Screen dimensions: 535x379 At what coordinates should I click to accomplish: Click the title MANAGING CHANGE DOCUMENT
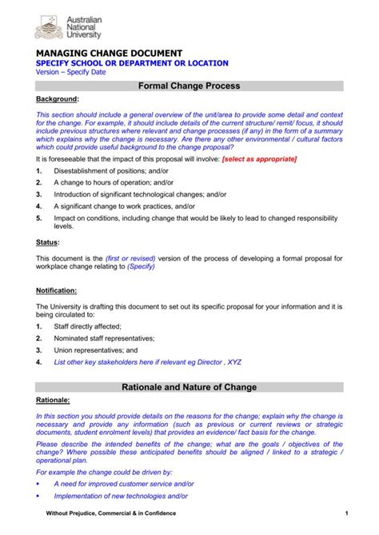pyautogui.click(x=110, y=52)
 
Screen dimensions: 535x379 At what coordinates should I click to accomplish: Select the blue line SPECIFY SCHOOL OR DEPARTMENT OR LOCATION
pyautogui.click(x=132, y=63)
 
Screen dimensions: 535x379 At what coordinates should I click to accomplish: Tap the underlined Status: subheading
pyautogui.click(x=47, y=242)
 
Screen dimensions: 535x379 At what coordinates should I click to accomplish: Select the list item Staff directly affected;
pyautogui.click(x=87, y=326)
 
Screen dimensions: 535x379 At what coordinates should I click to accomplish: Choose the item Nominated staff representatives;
pyautogui.click(x=105, y=338)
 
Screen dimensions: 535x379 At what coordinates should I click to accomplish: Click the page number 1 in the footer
pyautogui.click(x=346, y=513)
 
